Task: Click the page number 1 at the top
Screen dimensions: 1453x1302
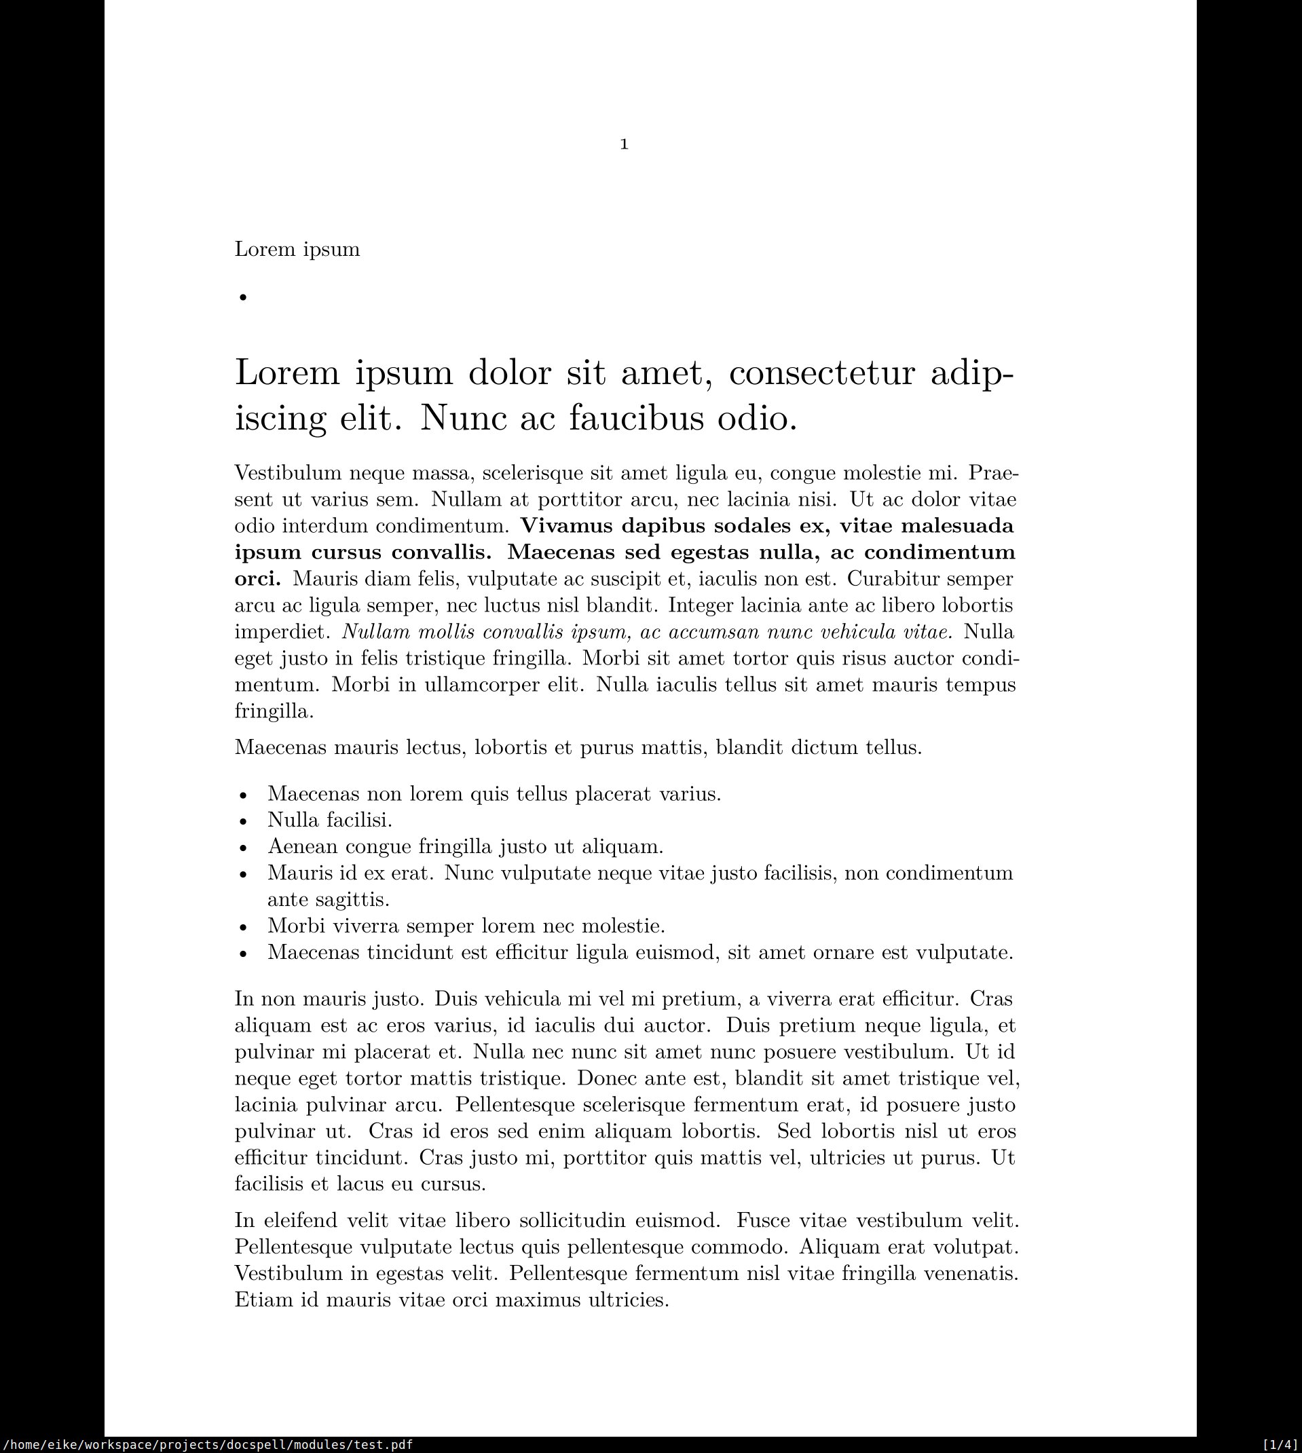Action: click(624, 145)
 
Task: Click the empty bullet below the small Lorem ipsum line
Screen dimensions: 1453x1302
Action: click(243, 297)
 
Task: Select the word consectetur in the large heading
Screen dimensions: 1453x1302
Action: click(821, 373)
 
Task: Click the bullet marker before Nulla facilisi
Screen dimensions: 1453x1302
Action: click(243, 821)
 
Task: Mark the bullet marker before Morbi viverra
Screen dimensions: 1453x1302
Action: click(243, 927)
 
